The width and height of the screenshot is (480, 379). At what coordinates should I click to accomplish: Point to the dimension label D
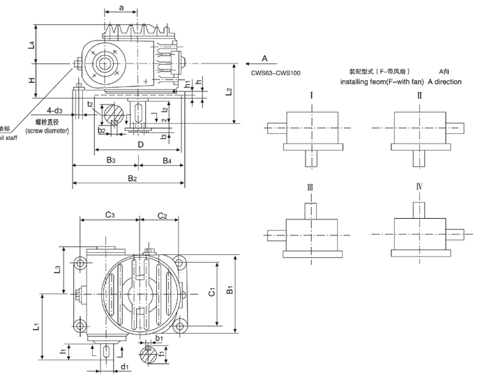point(140,144)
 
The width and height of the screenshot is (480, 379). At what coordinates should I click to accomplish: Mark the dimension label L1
point(36,325)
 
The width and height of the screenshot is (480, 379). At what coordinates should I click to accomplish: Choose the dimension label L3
point(59,269)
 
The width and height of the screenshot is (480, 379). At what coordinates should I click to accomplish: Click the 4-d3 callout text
point(54,111)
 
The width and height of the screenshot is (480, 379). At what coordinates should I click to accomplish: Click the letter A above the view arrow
point(264,57)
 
